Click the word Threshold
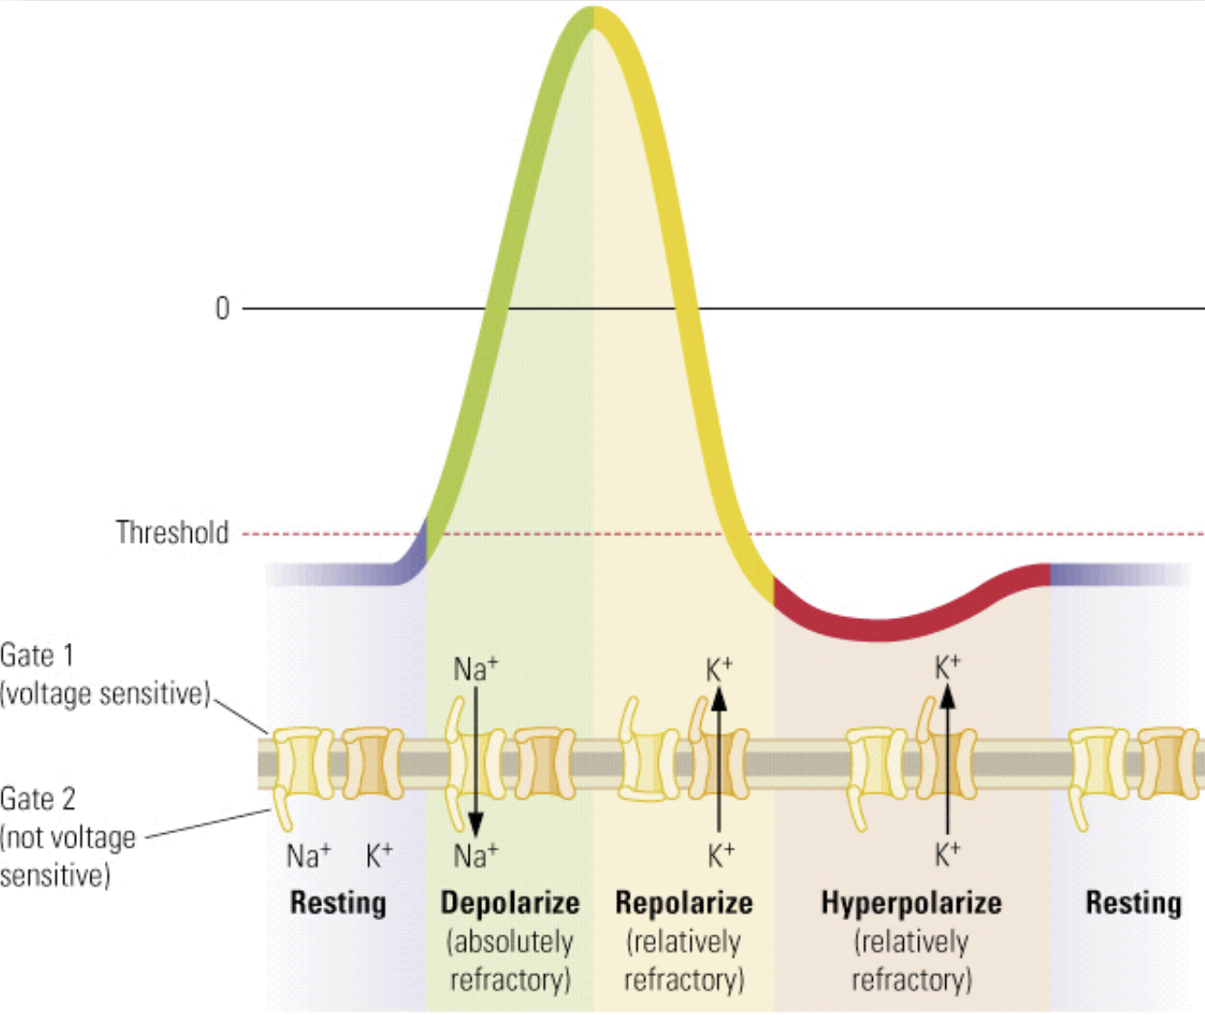[172, 532]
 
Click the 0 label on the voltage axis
[223, 308]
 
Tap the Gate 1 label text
[37, 654]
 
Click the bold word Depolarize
[509, 902]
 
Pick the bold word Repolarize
[684, 902]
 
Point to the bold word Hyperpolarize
[911, 902]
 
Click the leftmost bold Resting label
[337, 902]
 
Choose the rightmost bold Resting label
[1134, 902]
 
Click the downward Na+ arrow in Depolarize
[475, 760]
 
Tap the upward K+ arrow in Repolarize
[718, 760]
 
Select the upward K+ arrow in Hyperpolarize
[947, 760]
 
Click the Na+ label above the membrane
[475, 669]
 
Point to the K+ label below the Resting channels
[379, 855]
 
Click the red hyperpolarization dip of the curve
[878, 629]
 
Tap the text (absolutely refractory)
[509, 961]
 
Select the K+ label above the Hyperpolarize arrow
[947, 668]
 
